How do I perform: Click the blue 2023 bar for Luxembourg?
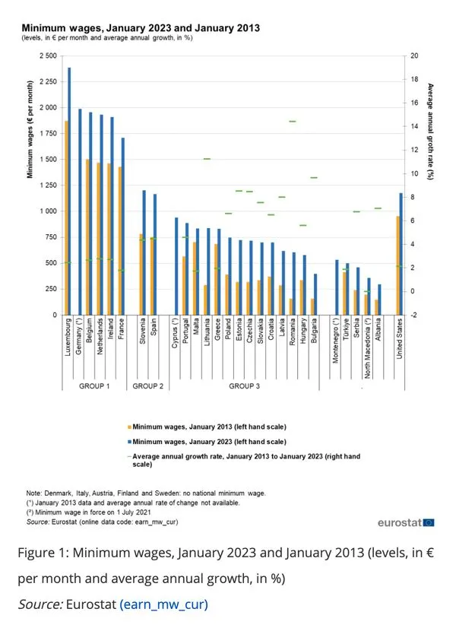pyautogui.click(x=70, y=190)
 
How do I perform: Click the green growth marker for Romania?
pyautogui.click(x=292, y=122)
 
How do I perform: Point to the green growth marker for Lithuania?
pyautogui.click(x=207, y=159)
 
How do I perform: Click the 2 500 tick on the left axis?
pyautogui.click(x=47, y=56)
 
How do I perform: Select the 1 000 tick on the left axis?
pyautogui.click(x=47, y=211)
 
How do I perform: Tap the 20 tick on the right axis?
pyautogui.click(x=413, y=56)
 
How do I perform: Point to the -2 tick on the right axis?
pyautogui.click(x=413, y=315)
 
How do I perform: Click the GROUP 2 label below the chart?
pyautogui.click(x=147, y=386)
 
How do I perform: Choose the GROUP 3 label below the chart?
pyautogui.click(x=245, y=386)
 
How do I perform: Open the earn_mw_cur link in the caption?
pyautogui.click(x=163, y=605)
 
